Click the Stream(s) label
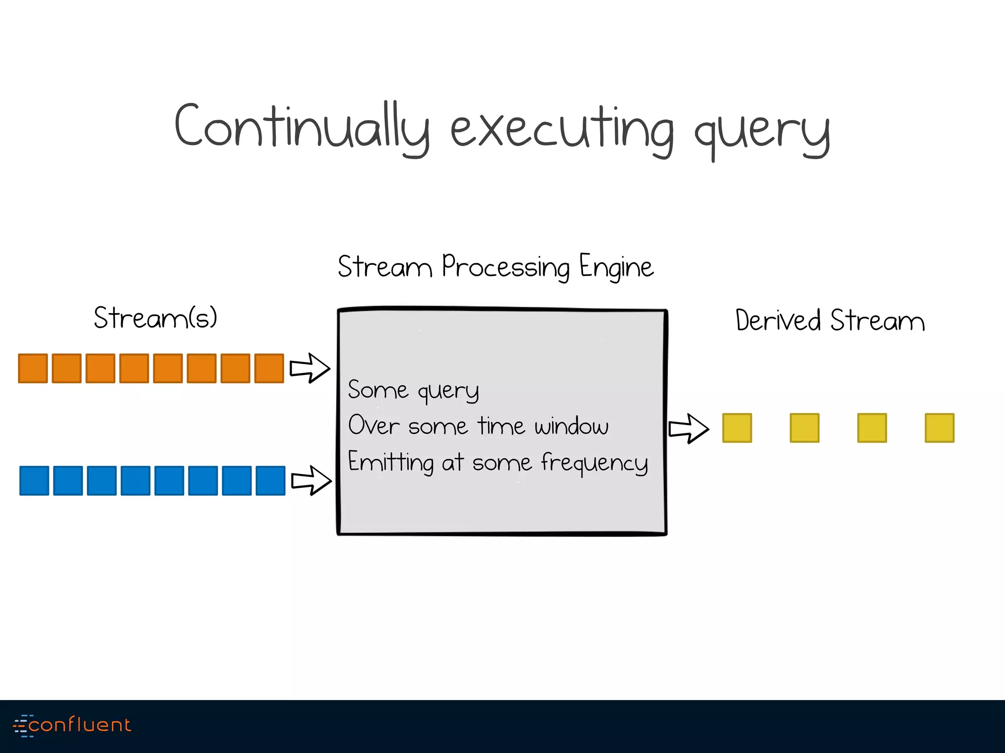coord(155,318)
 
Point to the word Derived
coord(778,321)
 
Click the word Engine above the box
coord(616,267)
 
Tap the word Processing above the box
coord(506,267)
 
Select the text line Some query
coord(413,391)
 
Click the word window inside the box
coord(572,426)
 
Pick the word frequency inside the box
coord(594,462)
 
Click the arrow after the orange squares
coord(310,368)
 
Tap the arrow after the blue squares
coord(311,480)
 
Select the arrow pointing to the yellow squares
coord(689,428)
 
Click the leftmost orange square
coord(33,368)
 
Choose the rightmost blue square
coord(270,480)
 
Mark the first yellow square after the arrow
coord(737,428)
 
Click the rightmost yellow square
coord(939,428)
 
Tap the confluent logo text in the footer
coord(79,725)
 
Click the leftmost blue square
coord(34,480)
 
